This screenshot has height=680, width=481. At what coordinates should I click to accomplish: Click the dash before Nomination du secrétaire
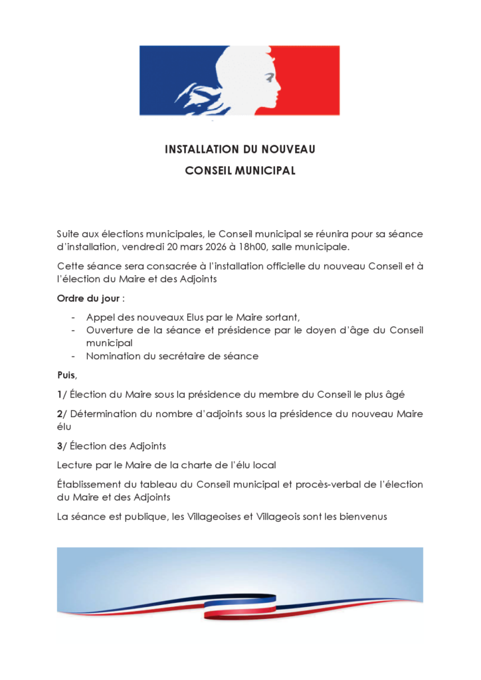(73, 357)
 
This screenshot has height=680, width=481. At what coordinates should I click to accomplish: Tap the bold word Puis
(66, 375)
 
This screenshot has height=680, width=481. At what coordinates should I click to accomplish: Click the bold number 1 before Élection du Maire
(59, 394)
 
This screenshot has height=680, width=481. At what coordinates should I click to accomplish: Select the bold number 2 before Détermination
(59, 414)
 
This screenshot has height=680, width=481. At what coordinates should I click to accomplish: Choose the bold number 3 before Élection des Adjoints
(59, 446)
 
